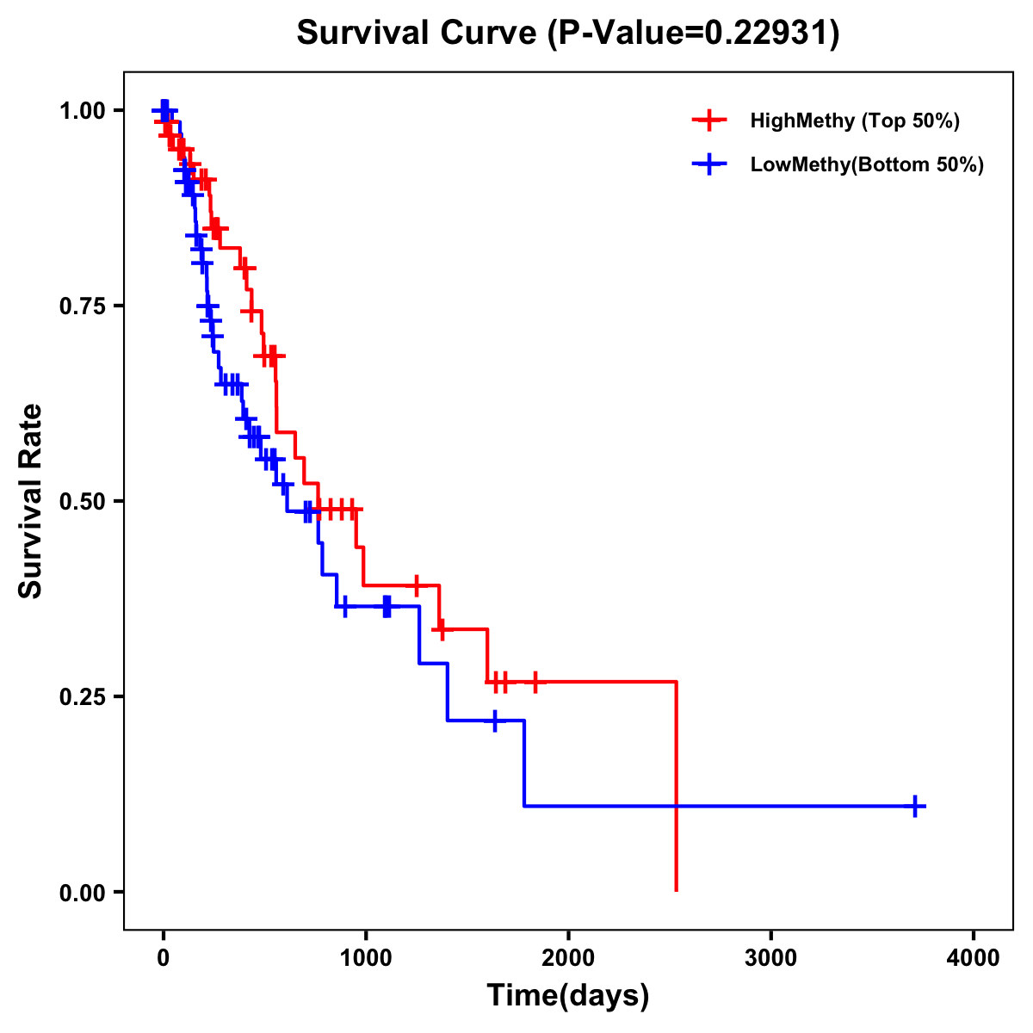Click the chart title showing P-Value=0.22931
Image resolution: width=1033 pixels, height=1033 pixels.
point(567,34)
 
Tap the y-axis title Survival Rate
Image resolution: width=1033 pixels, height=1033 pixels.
point(31,500)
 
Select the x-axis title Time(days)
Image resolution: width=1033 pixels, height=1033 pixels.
point(567,995)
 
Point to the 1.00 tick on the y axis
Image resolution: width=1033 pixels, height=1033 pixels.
point(81,110)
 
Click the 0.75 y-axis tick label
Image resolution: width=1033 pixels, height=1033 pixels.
point(81,306)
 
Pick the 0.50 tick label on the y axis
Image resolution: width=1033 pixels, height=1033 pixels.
point(81,501)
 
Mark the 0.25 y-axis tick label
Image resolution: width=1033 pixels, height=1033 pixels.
point(81,696)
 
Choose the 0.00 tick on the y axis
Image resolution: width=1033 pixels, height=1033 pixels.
point(81,892)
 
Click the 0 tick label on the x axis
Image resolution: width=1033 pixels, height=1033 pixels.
point(163,958)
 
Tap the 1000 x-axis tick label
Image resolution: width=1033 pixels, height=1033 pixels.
point(365,958)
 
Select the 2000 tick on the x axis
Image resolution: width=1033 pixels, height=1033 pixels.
point(568,958)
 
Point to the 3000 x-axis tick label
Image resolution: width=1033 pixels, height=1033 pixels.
point(770,958)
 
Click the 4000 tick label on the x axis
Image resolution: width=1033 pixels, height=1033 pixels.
point(974,958)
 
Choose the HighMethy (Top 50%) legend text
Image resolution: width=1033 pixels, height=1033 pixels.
point(855,121)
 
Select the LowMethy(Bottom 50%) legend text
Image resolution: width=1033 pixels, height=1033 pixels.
point(867,165)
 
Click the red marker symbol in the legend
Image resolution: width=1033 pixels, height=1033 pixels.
point(708,121)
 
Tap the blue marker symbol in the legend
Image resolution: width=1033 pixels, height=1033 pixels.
point(708,165)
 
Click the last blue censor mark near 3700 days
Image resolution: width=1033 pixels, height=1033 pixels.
point(915,807)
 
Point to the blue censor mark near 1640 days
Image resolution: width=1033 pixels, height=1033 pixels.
point(495,721)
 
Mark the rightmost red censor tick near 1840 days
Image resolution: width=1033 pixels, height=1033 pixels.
point(535,682)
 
